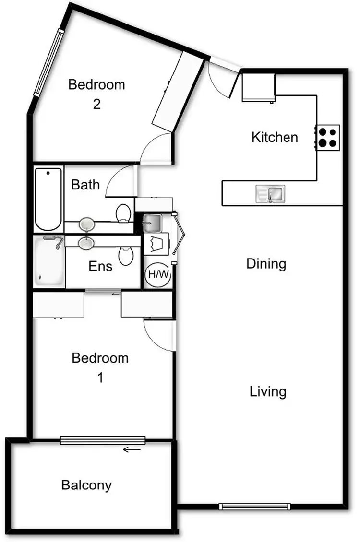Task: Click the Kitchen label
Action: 275,138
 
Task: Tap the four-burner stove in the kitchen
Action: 328,137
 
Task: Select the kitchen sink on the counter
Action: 271,194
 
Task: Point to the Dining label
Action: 266,264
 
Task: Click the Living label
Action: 268,392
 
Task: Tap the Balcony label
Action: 86,485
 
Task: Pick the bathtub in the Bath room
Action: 48,199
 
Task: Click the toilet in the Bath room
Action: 124,212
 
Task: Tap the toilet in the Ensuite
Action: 126,255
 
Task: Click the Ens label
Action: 100,266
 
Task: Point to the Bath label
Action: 85,185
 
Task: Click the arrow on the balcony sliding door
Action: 132,450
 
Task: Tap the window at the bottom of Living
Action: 255,506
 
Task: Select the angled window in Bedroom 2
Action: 48,63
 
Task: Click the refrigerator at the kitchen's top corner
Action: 258,87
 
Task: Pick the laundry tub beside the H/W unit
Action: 152,223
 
